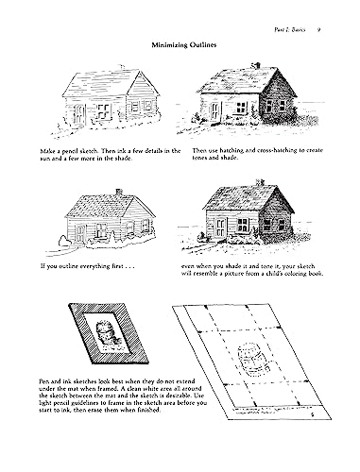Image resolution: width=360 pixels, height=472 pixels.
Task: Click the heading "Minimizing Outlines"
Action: click(x=180, y=45)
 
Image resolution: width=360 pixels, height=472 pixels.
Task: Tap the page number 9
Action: click(x=322, y=11)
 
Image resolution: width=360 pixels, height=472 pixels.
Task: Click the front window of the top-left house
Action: click(x=78, y=112)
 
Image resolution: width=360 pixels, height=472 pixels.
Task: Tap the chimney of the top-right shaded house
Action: click(x=256, y=68)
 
